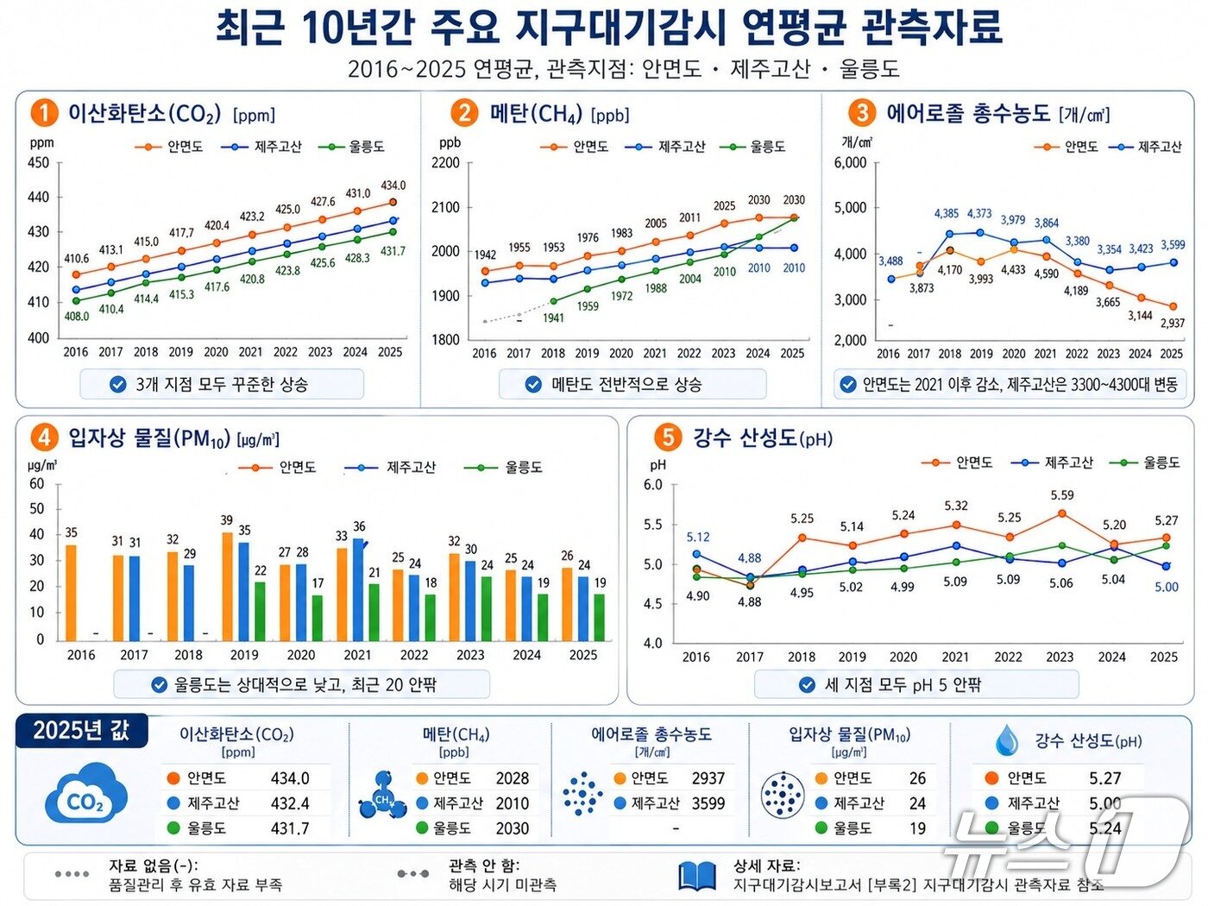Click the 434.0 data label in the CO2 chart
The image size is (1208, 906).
click(x=393, y=186)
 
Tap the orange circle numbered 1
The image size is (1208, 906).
click(x=43, y=113)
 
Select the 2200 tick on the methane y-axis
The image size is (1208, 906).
click(x=445, y=163)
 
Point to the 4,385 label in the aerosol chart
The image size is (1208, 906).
click(x=946, y=213)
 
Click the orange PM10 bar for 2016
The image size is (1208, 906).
click(x=71, y=593)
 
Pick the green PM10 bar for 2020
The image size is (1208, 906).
click(x=318, y=618)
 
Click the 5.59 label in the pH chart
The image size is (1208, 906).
click(x=1062, y=495)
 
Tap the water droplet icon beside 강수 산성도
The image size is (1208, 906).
click(x=1006, y=740)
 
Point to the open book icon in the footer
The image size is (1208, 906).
click(x=697, y=875)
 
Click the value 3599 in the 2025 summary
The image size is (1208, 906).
click(x=708, y=803)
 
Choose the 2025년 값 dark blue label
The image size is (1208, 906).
click(x=81, y=731)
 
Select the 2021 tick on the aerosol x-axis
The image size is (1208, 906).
click(x=1045, y=354)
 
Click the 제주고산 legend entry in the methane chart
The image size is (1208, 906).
click(x=671, y=148)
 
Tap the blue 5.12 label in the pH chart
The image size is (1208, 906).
click(x=698, y=537)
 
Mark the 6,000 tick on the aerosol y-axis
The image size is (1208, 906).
click(x=850, y=163)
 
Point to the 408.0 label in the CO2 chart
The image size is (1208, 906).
click(x=77, y=317)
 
